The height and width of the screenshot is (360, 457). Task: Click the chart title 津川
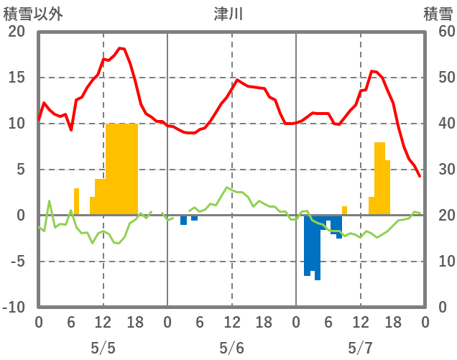(x=229, y=14)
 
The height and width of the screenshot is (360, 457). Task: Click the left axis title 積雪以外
(x=28, y=14)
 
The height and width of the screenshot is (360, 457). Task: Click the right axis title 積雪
(x=438, y=14)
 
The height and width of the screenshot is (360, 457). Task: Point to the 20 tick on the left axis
(x=16, y=32)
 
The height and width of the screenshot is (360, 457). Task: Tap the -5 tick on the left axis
(x=16, y=262)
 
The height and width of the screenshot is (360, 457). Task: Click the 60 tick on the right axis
(x=440, y=32)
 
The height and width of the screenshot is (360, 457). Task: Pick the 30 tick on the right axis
(x=440, y=170)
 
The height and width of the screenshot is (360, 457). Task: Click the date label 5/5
(x=103, y=347)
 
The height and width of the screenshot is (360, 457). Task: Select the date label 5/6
(x=231, y=347)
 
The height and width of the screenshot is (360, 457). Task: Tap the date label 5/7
(x=360, y=347)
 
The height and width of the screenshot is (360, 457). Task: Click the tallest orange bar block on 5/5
(x=121, y=169)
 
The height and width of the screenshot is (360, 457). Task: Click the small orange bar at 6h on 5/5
(x=76, y=201)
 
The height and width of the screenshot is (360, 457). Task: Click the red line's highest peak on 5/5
(x=121, y=48)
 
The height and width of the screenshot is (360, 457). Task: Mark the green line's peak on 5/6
(x=226, y=188)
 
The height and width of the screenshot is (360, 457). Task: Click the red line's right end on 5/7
(x=420, y=176)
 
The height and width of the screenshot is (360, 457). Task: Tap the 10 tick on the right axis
(x=440, y=262)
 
